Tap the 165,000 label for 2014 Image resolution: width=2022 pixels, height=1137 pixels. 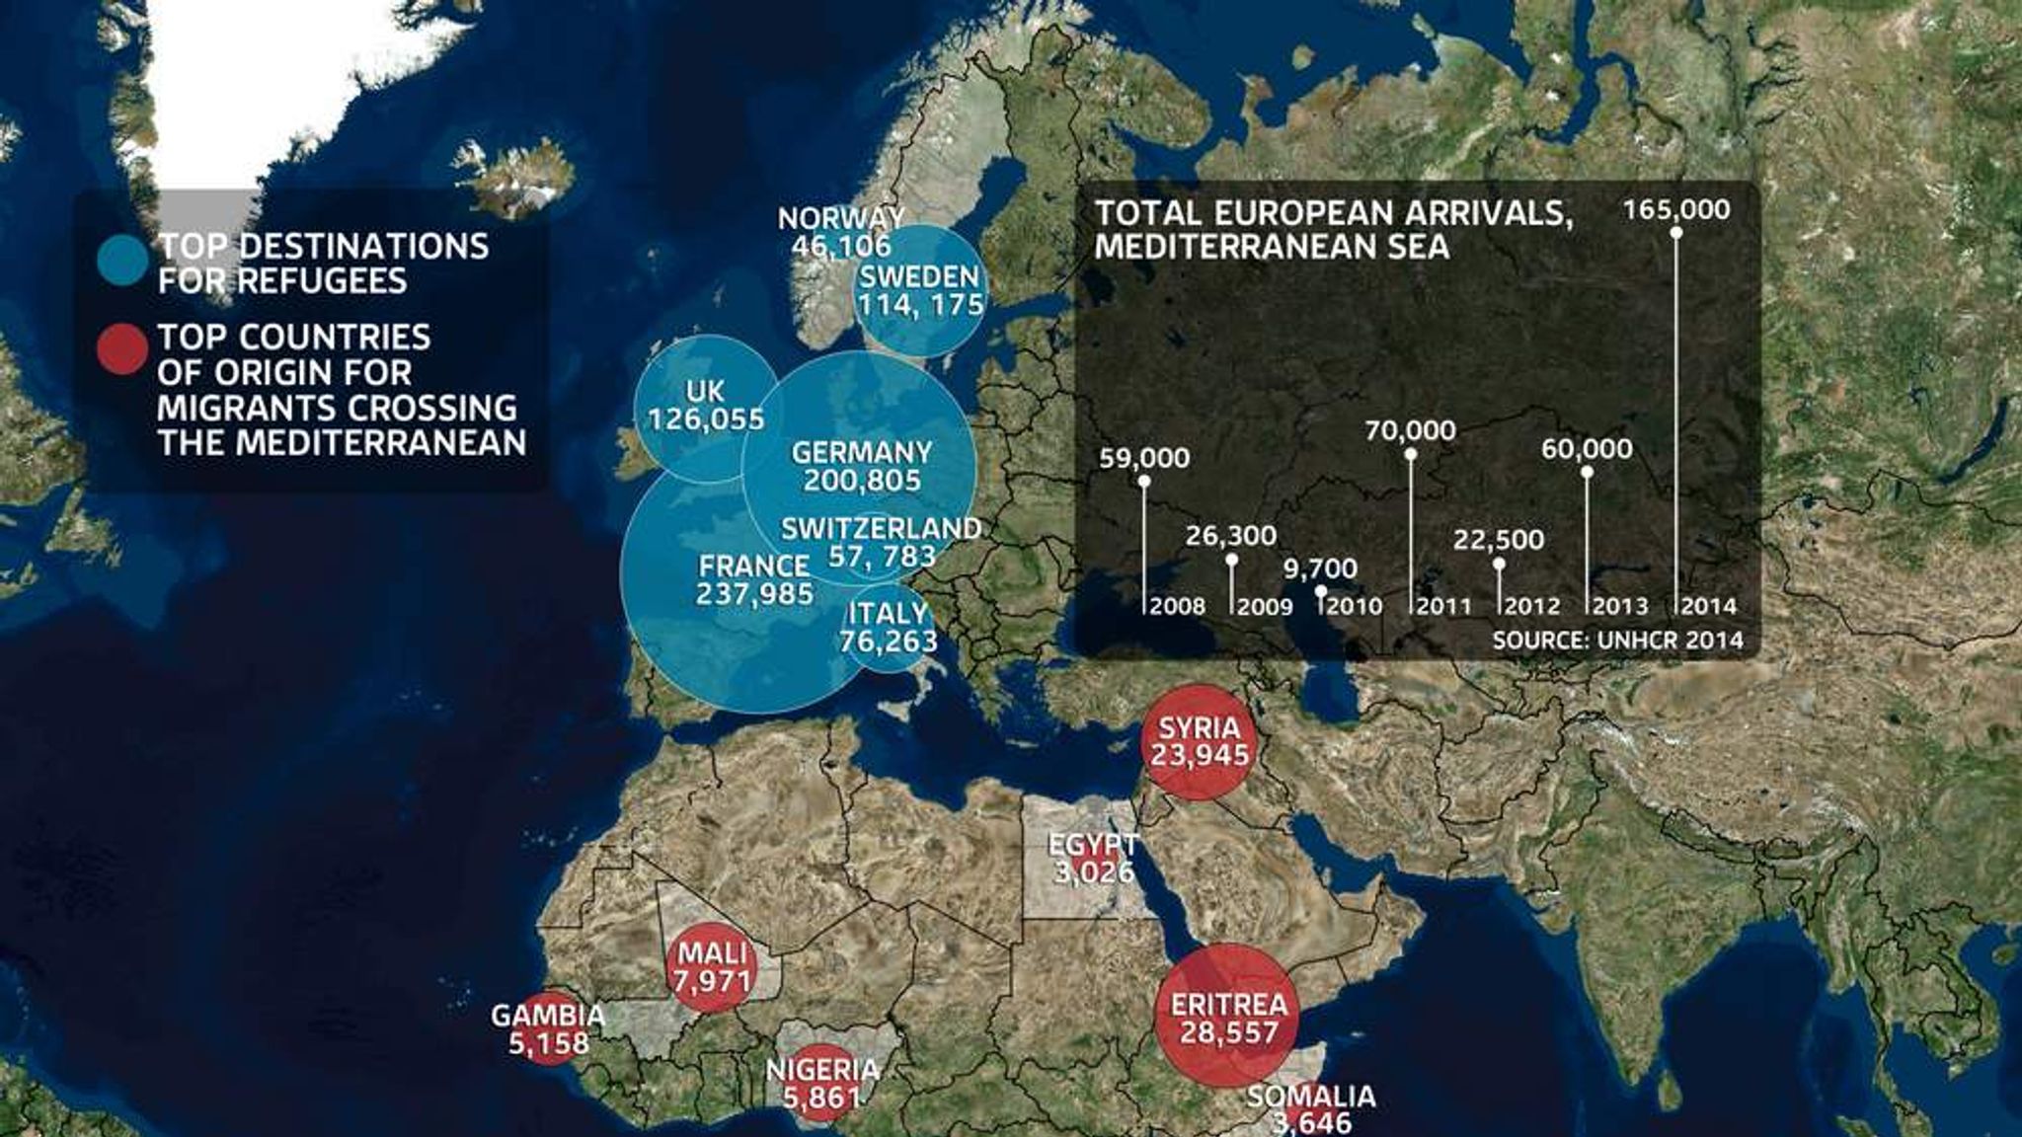tap(1676, 210)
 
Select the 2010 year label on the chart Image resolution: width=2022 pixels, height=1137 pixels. tap(1354, 606)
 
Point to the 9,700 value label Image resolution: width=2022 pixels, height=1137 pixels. tap(1320, 568)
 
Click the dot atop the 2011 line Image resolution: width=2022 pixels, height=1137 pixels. tap(1411, 454)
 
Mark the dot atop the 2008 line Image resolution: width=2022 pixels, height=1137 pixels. tap(1144, 481)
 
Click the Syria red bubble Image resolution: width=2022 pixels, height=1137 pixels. tap(1199, 742)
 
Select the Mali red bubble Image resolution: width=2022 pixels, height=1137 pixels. tap(713, 967)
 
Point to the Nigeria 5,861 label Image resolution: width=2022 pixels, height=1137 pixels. tap(821, 1083)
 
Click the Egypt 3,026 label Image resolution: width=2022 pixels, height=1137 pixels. tap(1093, 859)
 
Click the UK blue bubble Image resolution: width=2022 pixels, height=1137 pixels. tap(705, 405)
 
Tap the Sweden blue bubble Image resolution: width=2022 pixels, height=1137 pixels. tap(919, 290)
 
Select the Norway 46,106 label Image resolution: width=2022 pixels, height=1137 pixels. tap(841, 232)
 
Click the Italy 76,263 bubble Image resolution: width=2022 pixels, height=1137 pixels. tap(889, 628)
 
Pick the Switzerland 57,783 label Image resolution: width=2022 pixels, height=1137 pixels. tap(881, 542)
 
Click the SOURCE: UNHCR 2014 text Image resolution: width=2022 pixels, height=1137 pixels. tap(1617, 640)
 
